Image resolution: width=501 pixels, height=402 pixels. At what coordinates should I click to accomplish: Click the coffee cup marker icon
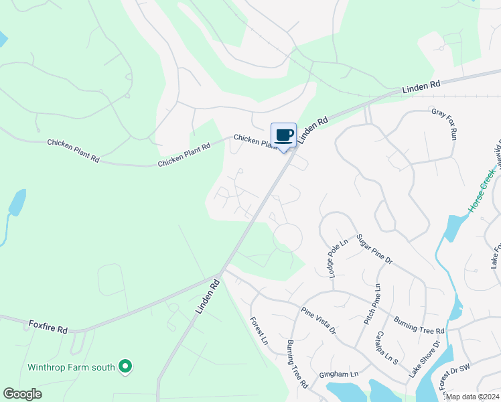[x=283, y=135]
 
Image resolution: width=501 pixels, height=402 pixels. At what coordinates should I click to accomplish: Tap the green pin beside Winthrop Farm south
[x=125, y=366]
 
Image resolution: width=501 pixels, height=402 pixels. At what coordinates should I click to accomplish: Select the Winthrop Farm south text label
[x=71, y=367]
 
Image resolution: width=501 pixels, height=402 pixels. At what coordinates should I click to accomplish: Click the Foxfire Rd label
[x=48, y=327]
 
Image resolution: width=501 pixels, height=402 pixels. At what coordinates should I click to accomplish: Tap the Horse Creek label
[x=482, y=191]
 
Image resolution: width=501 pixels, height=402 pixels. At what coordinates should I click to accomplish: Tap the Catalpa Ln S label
[x=386, y=347]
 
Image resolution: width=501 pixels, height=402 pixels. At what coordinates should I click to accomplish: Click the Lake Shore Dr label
[x=427, y=359]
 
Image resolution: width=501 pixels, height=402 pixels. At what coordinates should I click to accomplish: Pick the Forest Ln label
[x=259, y=331]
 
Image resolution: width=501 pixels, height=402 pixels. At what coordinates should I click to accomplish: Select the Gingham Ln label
[x=339, y=374]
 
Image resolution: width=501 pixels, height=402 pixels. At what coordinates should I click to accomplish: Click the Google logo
[x=23, y=394]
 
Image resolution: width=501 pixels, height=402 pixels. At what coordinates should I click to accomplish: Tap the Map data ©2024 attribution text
[x=472, y=397]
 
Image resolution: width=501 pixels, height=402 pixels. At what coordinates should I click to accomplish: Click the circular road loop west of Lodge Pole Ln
[x=287, y=238]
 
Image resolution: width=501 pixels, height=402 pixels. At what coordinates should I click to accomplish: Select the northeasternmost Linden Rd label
[x=421, y=86]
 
